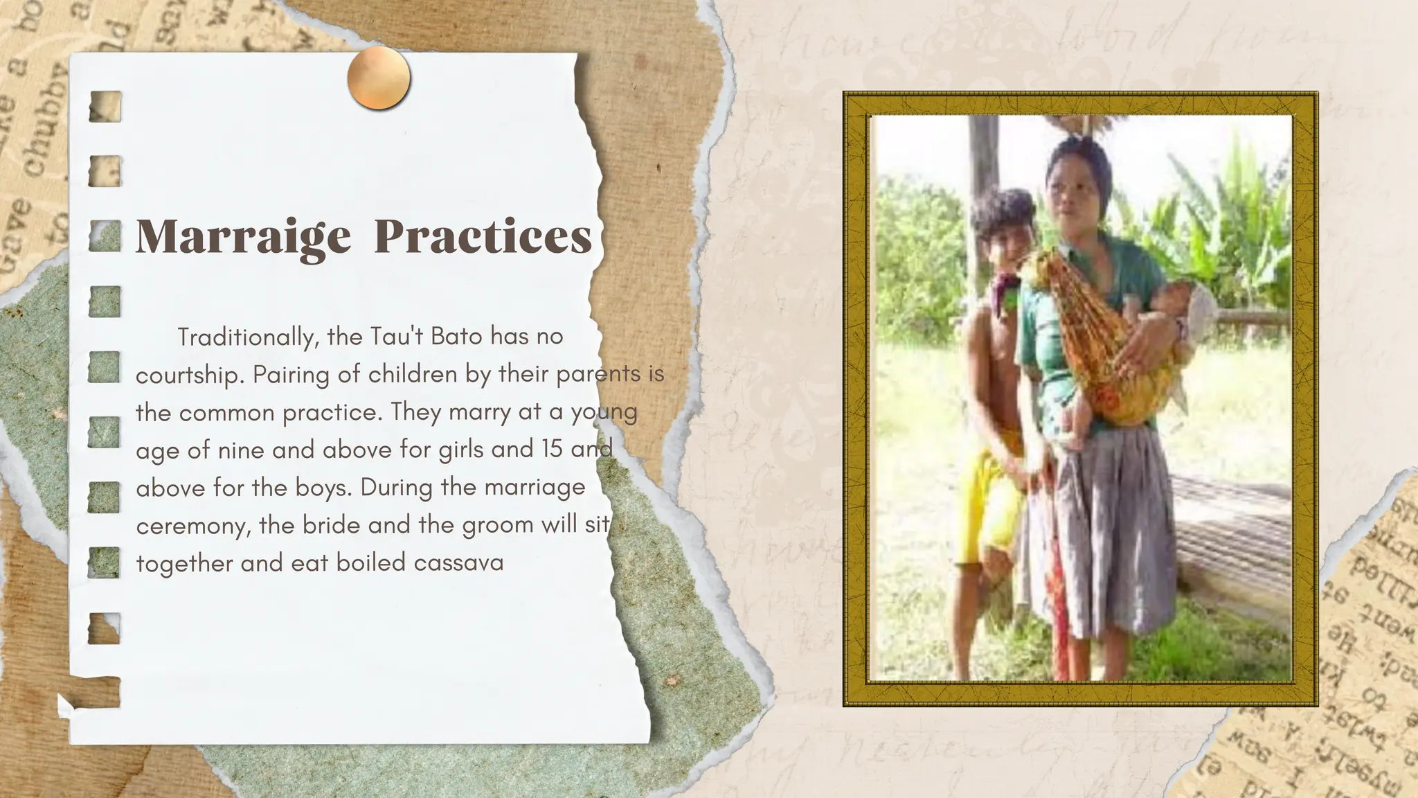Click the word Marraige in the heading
pyautogui.click(x=243, y=237)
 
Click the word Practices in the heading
pyautogui.click(x=483, y=237)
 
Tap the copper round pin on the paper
pyautogui.click(x=379, y=78)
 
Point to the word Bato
pyautogui.click(x=456, y=337)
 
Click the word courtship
pyautogui.click(x=190, y=375)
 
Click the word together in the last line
pyautogui.click(x=184, y=562)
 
